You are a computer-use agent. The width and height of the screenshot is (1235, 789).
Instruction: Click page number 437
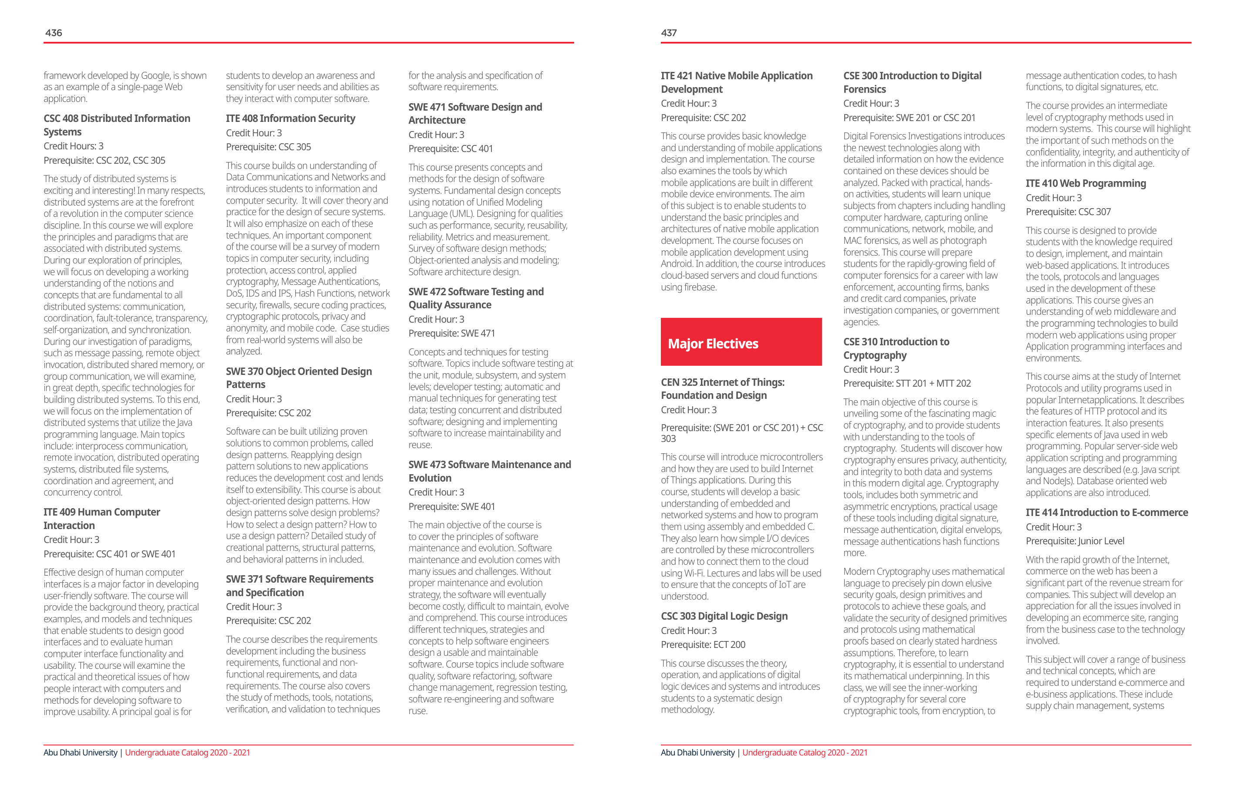tap(669, 33)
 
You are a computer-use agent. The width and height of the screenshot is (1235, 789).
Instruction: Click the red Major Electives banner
tap(741, 342)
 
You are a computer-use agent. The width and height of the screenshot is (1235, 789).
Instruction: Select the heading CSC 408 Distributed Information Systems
tap(116, 125)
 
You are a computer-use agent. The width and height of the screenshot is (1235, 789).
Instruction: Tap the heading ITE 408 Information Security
tap(290, 118)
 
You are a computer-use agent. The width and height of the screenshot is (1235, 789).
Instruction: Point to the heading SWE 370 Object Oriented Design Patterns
tap(298, 378)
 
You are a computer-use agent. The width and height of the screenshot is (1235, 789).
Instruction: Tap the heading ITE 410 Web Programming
tap(1085, 184)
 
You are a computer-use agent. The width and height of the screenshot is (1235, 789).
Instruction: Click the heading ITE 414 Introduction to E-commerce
tap(1106, 512)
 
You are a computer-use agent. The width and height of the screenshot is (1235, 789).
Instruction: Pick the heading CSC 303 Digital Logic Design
tap(724, 616)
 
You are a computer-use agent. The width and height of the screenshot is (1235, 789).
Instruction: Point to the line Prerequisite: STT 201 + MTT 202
tap(907, 384)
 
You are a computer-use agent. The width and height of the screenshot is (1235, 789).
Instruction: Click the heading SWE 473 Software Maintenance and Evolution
tap(489, 471)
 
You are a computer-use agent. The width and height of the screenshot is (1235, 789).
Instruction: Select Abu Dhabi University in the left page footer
tap(81, 752)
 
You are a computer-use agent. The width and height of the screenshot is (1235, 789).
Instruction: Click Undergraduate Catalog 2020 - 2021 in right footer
tap(804, 752)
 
